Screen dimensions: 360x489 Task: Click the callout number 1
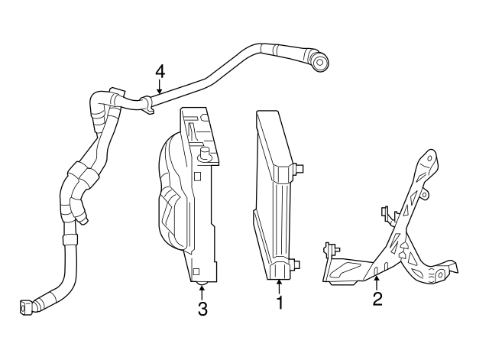pos(279,303)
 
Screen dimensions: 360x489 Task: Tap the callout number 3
pos(202,309)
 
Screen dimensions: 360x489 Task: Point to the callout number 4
pos(160,71)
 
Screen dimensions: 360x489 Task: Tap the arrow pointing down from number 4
pos(160,87)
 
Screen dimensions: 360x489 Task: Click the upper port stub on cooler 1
pos(300,167)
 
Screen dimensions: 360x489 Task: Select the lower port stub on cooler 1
pos(295,264)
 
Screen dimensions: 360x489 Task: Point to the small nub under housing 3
pos(202,284)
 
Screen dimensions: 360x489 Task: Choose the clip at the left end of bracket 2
pos(331,249)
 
